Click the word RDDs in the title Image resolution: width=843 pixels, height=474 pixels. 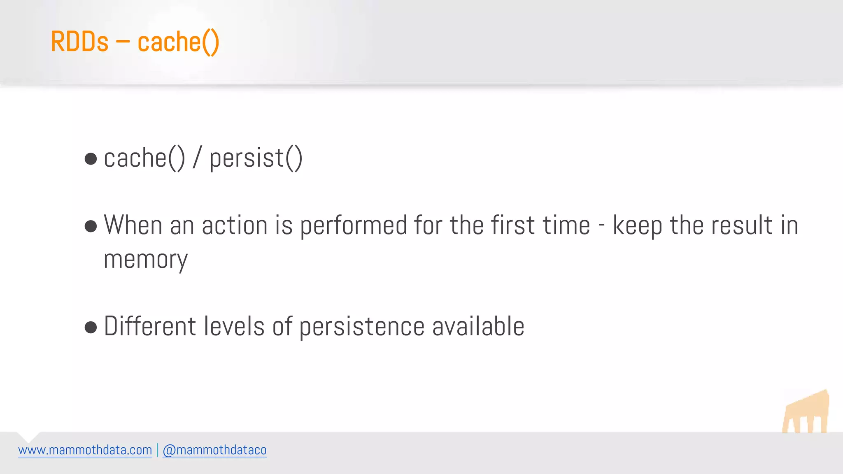[x=79, y=42]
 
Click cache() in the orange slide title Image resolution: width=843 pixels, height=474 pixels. [x=178, y=42]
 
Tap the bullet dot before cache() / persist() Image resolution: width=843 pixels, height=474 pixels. [x=91, y=159]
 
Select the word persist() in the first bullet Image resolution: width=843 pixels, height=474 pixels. [x=256, y=158]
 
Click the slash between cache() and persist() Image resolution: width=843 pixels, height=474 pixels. [x=197, y=158]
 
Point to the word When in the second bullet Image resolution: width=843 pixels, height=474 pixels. [x=133, y=225]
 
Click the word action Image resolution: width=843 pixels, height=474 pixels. [x=235, y=225]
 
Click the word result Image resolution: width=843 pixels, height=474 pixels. [x=742, y=225]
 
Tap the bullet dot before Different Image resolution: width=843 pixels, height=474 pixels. [x=91, y=328]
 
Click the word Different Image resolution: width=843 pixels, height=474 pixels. [x=150, y=326]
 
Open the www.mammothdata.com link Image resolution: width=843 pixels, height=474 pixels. [x=85, y=450]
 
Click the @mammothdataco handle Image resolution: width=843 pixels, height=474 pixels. [x=214, y=450]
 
